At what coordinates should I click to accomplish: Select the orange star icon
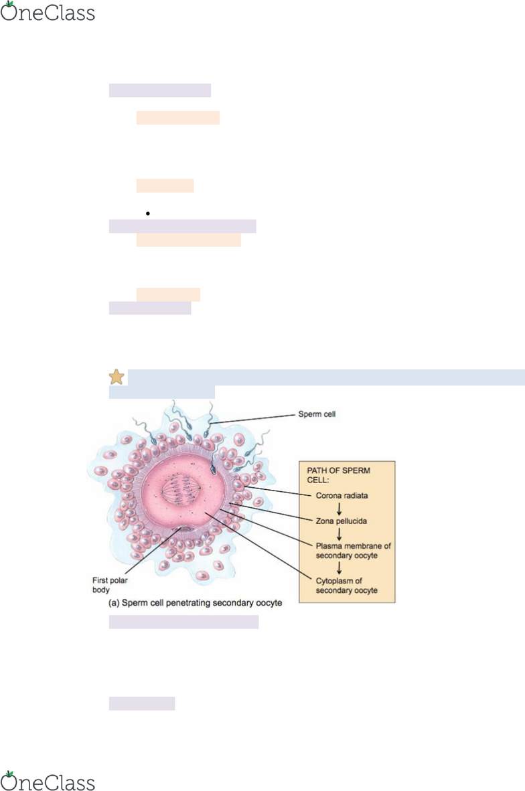(117, 377)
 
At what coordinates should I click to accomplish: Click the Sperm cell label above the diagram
(316, 414)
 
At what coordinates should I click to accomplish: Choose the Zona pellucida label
(342, 520)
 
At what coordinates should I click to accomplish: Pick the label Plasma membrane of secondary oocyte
(353, 550)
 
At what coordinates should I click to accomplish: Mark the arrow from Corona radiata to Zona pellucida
(340, 508)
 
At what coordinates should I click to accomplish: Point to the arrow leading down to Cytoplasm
(340, 567)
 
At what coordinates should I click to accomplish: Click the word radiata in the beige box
(356, 496)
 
